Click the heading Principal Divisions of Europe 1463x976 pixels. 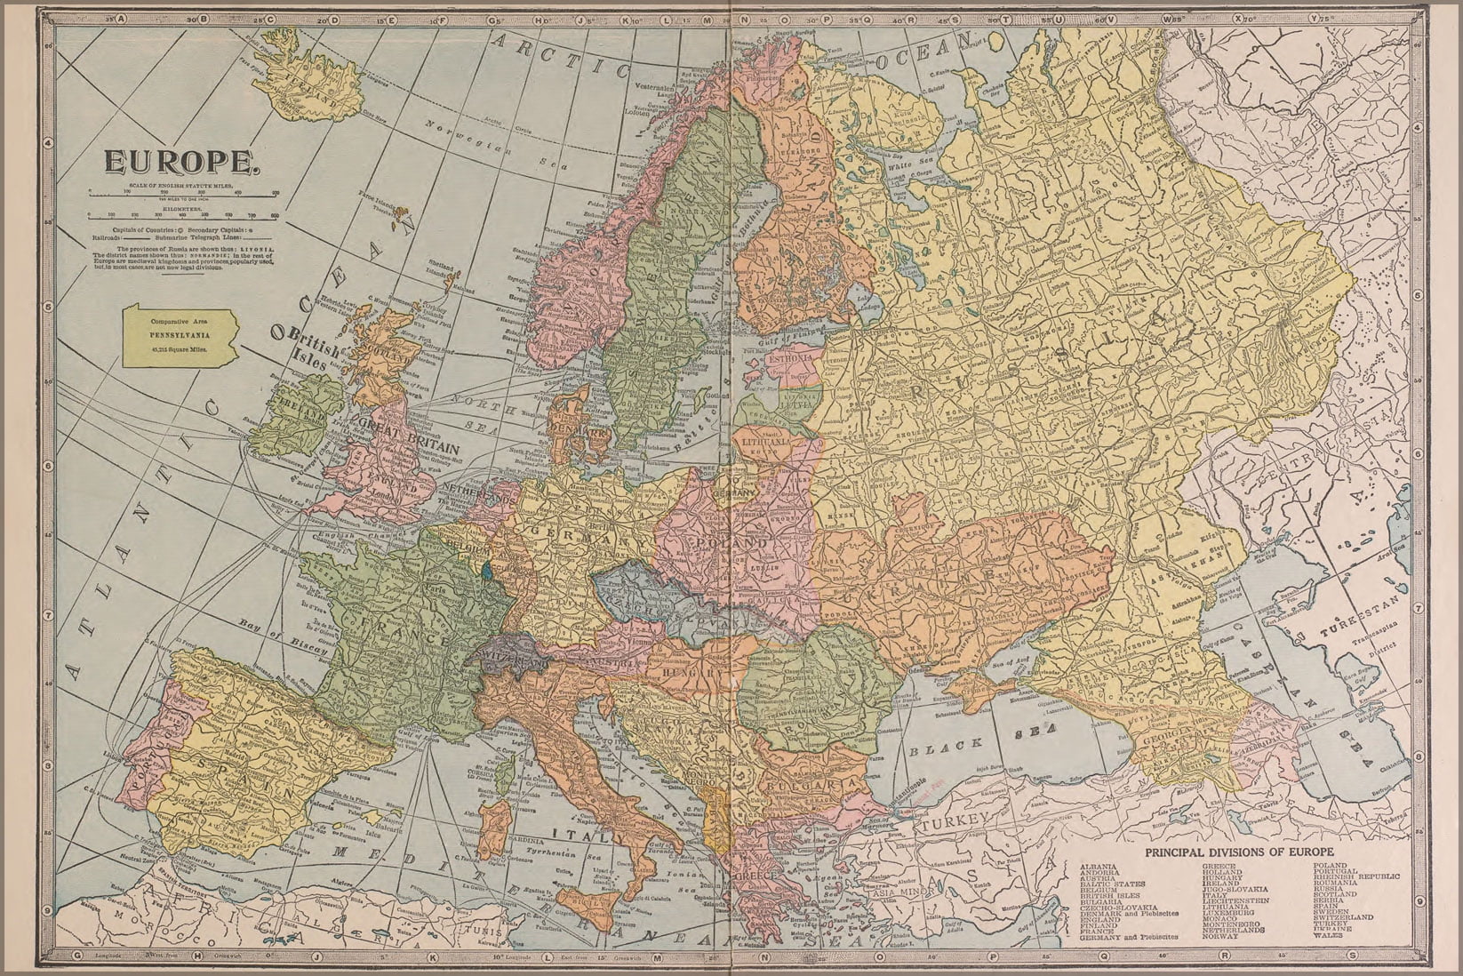tap(1240, 852)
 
